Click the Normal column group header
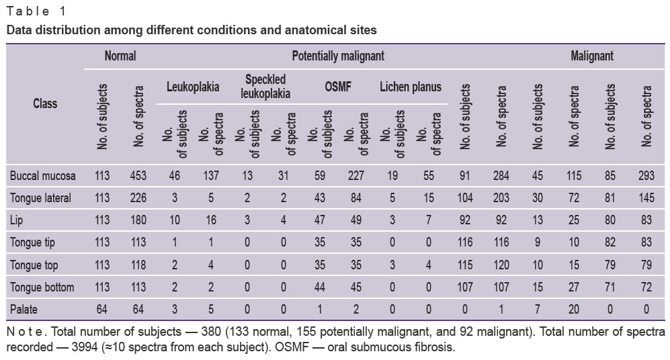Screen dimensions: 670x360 (x=120, y=56)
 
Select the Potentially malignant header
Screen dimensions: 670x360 (x=338, y=56)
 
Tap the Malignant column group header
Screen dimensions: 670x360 (x=592, y=56)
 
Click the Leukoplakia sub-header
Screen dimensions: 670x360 (x=193, y=87)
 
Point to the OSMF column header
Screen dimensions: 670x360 (x=338, y=87)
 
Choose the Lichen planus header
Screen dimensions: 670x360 (x=411, y=87)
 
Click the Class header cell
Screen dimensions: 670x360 (x=45, y=103)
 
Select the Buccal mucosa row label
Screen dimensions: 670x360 (x=43, y=175)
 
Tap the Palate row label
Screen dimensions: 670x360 (x=24, y=309)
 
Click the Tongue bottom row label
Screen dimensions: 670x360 (x=42, y=287)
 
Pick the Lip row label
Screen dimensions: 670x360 (x=16, y=220)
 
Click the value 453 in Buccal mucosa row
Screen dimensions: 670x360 (x=138, y=175)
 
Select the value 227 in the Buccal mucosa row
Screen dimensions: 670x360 (x=356, y=175)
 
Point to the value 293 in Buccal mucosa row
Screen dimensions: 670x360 (x=646, y=175)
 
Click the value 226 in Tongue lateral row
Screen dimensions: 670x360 (x=138, y=197)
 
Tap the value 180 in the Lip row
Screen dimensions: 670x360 (x=138, y=220)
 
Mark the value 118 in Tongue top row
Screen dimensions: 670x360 (x=138, y=265)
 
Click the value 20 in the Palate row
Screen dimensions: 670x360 (x=574, y=309)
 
